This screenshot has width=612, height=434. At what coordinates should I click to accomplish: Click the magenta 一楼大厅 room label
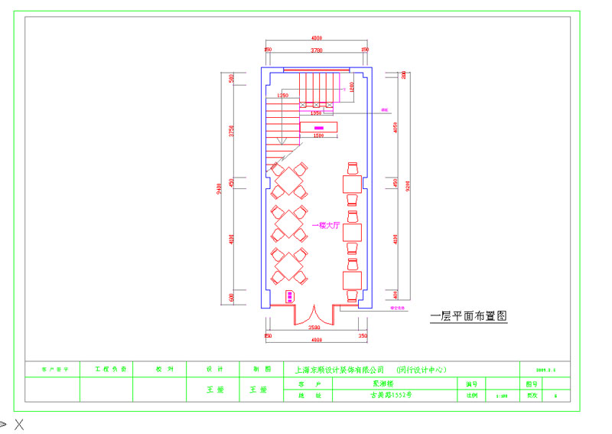(325, 226)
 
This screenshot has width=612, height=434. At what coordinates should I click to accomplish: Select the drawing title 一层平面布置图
(469, 315)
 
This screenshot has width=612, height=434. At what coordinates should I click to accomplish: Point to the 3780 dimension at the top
(315, 51)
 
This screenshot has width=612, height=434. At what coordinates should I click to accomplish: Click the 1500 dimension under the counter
(318, 135)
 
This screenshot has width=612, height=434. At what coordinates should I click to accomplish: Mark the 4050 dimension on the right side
(396, 127)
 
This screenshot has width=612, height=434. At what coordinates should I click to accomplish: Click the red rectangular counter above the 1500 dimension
(318, 127)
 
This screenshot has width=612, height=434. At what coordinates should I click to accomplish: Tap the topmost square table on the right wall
(352, 184)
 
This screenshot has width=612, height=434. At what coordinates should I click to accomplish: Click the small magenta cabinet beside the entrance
(290, 295)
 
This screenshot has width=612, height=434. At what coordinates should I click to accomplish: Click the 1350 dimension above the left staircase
(283, 95)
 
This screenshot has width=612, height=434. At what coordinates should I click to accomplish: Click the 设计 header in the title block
(213, 369)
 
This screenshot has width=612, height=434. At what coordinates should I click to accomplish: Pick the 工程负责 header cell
(106, 369)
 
